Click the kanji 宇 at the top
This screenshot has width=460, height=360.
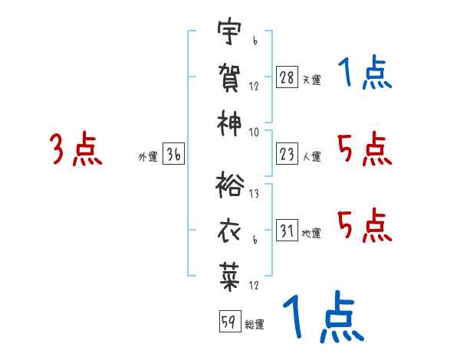(x=229, y=31)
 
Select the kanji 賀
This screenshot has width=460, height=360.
(x=229, y=77)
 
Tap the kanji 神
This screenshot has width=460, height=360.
(x=229, y=123)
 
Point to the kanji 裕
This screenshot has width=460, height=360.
(x=230, y=185)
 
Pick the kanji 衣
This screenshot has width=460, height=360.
(x=229, y=231)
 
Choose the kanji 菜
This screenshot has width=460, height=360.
(x=229, y=277)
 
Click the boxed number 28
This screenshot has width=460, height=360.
(x=287, y=77)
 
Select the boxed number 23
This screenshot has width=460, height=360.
(x=287, y=154)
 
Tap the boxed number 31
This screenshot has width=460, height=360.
(x=287, y=230)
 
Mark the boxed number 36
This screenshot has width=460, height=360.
(x=173, y=154)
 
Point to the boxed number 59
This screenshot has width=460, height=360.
(x=230, y=321)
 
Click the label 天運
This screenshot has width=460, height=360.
(x=311, y=80)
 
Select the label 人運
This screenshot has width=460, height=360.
(x=312, y=156)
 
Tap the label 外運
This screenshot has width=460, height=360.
(x=148, y=156)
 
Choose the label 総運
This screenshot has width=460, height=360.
(x=255, y=324)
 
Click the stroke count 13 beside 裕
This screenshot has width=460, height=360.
(x=254, y=194)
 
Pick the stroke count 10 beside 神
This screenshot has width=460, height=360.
(x=254, y=133)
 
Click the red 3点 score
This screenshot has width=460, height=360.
(x=76, y=149)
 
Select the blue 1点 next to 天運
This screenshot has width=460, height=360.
(x=365, y=71)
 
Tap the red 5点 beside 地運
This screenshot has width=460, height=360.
(x=365, y=225)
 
